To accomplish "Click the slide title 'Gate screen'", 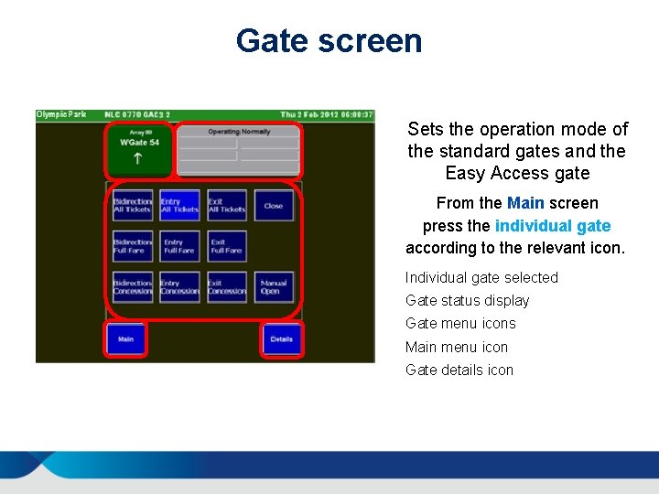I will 329,41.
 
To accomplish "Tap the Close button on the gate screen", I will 274,206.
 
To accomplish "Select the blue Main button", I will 125,339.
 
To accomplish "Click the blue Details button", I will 281,339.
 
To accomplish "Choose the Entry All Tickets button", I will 179,206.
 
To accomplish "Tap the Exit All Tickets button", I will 226,206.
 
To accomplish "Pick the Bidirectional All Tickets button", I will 133,206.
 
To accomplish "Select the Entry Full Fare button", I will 179,246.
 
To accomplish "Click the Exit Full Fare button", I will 226,246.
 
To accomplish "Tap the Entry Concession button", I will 179,287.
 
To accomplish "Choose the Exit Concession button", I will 226,287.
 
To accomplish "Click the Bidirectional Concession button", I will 133,287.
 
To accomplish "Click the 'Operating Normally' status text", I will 239,132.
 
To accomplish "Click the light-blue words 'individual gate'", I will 553,226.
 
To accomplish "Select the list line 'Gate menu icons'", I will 460,324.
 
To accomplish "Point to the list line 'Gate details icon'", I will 459,370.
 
